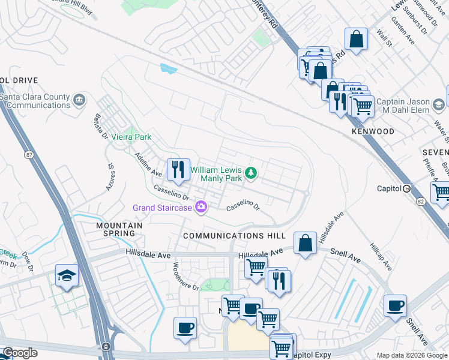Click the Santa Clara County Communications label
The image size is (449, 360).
35,101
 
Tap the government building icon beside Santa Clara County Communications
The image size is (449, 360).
79,100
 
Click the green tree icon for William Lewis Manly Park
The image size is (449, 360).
250,174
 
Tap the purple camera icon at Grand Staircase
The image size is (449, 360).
201,208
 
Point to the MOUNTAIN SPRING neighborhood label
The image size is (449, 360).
119,229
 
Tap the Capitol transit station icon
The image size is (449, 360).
406,188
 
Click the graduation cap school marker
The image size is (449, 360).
67,275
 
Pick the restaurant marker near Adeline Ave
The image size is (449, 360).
177,170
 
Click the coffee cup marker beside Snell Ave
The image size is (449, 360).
396,306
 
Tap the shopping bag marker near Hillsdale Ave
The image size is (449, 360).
306,244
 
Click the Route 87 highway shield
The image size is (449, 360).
29,155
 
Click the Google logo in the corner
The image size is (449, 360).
20,353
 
